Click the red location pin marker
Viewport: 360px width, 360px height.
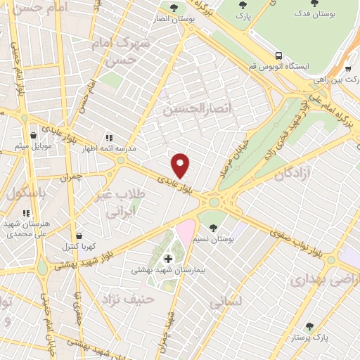pyautogui.click(x=181, y=165)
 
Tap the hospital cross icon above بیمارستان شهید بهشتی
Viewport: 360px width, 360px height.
pyautogui.click(x=168, y=259)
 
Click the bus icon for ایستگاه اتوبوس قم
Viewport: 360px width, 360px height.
pyautogui.click(x=279, y=55)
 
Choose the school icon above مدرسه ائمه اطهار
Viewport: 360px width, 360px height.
pyautogui.click(x=109, y=139)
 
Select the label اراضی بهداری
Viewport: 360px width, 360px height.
pyautogui.click(x=316, y=280)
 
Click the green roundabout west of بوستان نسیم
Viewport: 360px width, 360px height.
pyautogui.click(x=213, y=202)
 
